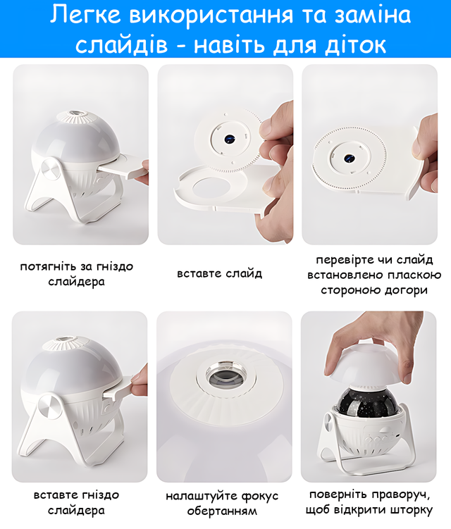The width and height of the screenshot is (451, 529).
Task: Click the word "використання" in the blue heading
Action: click(211, 15)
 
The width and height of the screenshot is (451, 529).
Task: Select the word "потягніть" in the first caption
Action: click(49, 266)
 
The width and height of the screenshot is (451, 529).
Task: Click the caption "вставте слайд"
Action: click(219, 273)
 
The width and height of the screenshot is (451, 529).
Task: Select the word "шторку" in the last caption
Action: click(411, 510)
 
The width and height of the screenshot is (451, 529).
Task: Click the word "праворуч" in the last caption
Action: click(401, 495)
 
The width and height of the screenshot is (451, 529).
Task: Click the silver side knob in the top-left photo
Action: click(51, 168)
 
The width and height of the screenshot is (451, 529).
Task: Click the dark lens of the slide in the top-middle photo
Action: click(230, 138)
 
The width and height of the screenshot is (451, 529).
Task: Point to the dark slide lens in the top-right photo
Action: click(349, 158)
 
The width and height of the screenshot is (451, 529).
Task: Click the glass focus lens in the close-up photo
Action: click(224, 376)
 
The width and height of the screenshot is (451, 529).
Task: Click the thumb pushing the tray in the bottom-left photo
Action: click(139, 379)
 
